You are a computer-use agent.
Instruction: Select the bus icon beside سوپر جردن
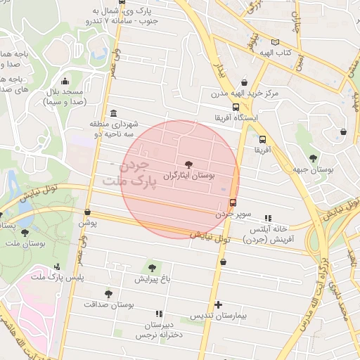click(233, 202)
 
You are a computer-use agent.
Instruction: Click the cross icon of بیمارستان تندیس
click(219, 305)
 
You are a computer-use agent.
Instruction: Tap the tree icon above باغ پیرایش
click(152, 267)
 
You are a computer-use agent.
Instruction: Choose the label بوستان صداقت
click(108, 305)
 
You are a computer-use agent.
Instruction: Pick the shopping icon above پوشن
click(87, 212)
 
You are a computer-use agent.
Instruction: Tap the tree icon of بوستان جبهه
click(312, 157)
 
